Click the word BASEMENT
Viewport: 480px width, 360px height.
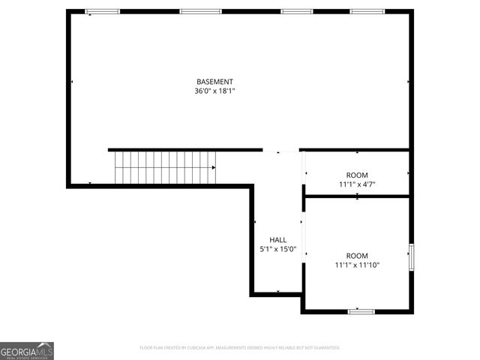[x=214, y=82]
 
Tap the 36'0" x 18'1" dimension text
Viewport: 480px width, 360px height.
[x=214, y=91]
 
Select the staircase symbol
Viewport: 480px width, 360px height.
[x=165, y=166]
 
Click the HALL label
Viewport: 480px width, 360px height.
[x=277, y=240]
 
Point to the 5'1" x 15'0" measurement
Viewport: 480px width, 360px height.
[x=277, y=249]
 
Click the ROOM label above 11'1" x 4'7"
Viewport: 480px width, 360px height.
[x=357, y=175]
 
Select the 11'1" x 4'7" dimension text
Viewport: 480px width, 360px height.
[x=357, y=184]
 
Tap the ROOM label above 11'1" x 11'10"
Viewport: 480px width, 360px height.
[x=357, y=256]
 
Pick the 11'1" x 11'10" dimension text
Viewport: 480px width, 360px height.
[x=357, y=265]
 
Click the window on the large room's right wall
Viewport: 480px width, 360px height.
[x=410, y=256]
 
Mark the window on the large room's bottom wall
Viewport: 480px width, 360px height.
[x=361, y=310]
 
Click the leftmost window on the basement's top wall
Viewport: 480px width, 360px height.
[x=102, y=12]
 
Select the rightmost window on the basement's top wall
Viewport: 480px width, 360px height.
[x=367, y=12]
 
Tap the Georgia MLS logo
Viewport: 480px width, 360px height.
[x=27, y=351]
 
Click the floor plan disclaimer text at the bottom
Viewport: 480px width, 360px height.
[x=240, y=348]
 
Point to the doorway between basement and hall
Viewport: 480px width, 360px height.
[x=281, y=150]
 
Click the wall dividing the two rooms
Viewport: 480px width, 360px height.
[x=357, y=196]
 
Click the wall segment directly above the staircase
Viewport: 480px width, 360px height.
[x=165, y=150]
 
